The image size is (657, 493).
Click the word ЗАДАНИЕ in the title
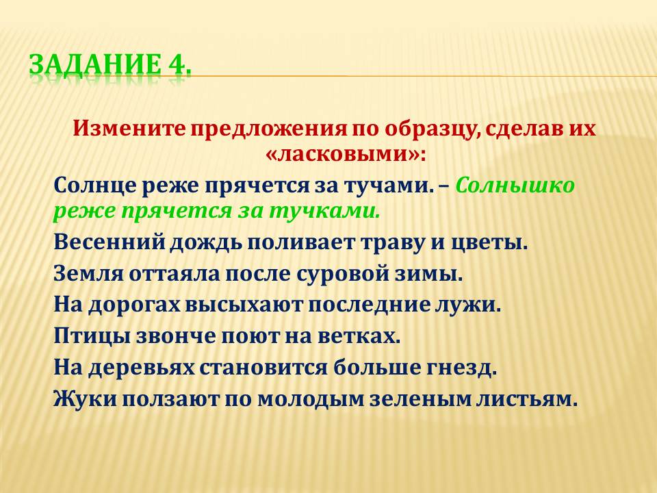click(x=95, y=64)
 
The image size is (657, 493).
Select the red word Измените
click(x=129, y=129)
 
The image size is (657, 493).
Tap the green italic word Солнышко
click(x=515, y=186)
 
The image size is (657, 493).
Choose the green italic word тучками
click(x=324, y=212)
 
